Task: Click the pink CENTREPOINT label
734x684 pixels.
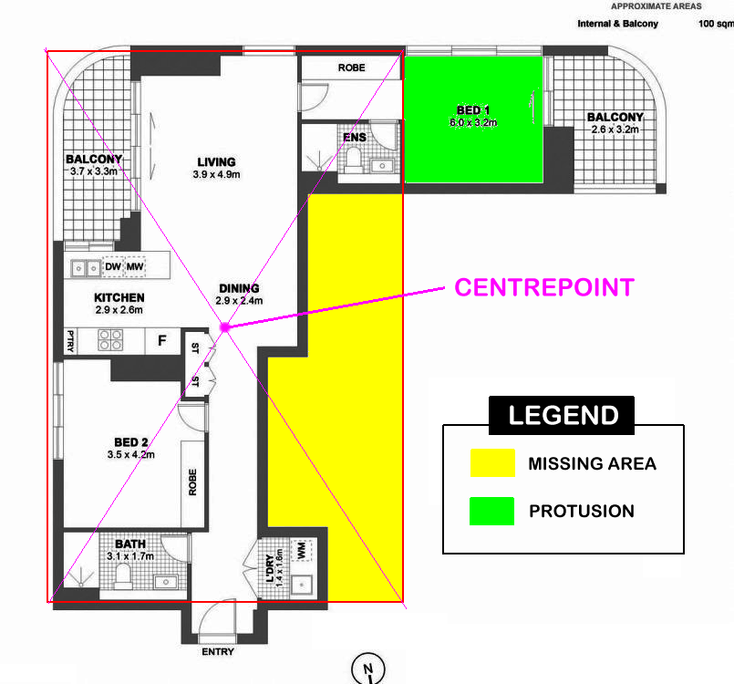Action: pos(544,287)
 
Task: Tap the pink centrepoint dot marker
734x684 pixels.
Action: pos(225,327)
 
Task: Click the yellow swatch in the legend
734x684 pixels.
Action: pos(492,463)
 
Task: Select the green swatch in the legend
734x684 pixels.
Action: pos(491,512)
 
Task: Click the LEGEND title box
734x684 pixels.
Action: pos(562,415)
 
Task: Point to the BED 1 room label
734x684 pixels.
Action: pos(473,110)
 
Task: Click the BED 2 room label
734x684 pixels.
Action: pos(131,442)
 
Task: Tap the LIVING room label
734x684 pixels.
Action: pos(216,162)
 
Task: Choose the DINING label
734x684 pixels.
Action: pos(239,288)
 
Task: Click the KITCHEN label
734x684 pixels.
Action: pos(119,297)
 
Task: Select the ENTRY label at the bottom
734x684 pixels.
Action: pos(218,652)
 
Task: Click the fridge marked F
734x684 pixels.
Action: pos(162,340)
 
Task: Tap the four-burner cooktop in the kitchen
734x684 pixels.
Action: pos(110,340)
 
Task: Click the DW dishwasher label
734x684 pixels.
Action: pos(113,267)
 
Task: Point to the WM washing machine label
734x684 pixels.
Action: pos(302,550)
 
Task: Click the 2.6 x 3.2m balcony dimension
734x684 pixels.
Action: pos(615,130)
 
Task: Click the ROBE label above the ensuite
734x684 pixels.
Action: pos(352,67)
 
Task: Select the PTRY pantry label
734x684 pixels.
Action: pos(70,341)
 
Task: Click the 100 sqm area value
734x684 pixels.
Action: pos(716,24)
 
